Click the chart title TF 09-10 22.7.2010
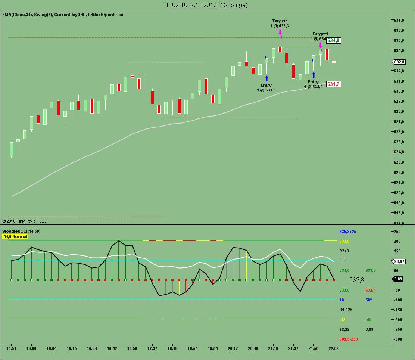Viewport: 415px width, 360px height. pyautogui.click(x=205, y=5)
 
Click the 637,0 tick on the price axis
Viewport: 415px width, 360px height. pyautogui.click(x=400, y=20)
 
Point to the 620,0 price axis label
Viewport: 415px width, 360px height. pyautogui.click(x=400, y=193)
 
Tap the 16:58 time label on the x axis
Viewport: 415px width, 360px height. pyautogui.click(x=132, y=348)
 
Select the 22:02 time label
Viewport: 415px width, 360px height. pyautogui.click(x=333, y=348)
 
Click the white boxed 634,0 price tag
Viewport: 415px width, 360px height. pyautogui.click(x=334, y=40)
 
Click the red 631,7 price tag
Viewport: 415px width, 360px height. pyautogui.click(x=333, y=84)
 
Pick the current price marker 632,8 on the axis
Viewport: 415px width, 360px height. pyautogui.click(x=399, y=62)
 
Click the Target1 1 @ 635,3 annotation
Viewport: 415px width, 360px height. pyautogui.click(x=280, y=24)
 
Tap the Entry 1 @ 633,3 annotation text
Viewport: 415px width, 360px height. pyautogui.click(x=266, y=88)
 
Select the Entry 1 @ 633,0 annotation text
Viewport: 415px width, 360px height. pyautogui.click(x=313, y=84)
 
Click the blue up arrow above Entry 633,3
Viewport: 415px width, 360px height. pyautogui.click(x=266, y=78)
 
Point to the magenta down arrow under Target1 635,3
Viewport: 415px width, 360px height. pyautogui.click(x=280, y=32)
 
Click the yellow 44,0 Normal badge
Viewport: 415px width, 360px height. pyautogui.click(x=15, y=236)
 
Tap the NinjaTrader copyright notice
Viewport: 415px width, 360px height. pyautogui.click(x=24, y=221)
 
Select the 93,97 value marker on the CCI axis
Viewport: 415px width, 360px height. pyautogui.click(x=399, y=261)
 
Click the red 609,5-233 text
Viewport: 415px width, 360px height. pyautogui.click(x=349, y=339)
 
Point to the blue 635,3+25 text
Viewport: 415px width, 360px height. pyautogui.click(x=348, y=232)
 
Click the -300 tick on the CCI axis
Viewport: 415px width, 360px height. pyautogui.click(x=398, y=339)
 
